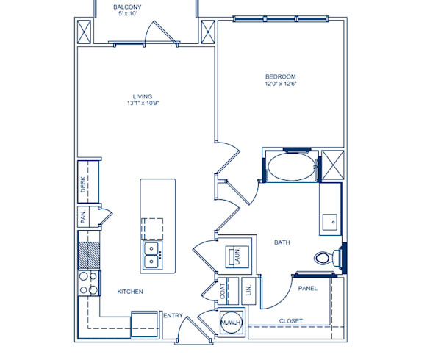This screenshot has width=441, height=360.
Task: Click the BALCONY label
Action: coord(126,8)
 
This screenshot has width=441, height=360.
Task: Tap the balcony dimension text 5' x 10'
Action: coord(126,15)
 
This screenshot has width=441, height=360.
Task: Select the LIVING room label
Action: coord(143,96)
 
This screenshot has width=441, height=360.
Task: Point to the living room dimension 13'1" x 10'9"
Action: coord(143,104)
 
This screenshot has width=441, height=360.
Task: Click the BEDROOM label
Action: coord(280,77)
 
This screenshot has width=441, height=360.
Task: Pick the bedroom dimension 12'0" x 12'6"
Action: coord(280,84)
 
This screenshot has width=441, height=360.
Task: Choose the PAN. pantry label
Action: coord(84,217)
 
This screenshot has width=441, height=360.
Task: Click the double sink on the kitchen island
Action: coord(151,255)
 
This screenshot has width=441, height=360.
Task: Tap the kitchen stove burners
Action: coord(88,283)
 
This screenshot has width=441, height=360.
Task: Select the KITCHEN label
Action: coord(130,292)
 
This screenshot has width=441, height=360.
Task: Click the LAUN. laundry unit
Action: coord(238,257)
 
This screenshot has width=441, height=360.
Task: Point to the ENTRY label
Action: coord(173,315)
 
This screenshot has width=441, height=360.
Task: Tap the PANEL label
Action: coord(308,289)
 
